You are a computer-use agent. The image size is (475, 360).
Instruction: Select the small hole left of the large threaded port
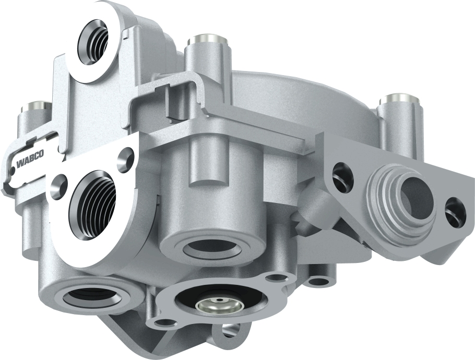coord(58,183)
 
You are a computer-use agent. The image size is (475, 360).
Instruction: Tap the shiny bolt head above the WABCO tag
coord(35,106)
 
